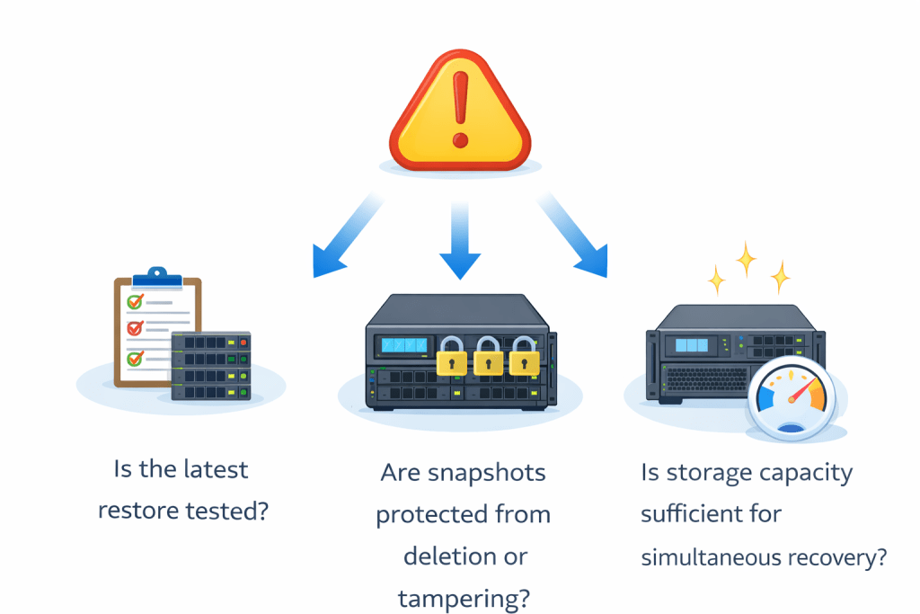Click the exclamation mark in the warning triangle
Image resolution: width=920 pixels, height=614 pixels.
(460, 109)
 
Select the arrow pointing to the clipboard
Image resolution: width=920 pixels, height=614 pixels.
(347, 239)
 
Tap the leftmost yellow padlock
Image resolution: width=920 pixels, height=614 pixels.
(449, 357)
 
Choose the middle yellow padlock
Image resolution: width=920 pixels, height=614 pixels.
(488, 357)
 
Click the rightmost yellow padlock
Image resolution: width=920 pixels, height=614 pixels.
(525, 357)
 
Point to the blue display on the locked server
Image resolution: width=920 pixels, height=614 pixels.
(404, 345)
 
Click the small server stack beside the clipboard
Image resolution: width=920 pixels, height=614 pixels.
(211, 365)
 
